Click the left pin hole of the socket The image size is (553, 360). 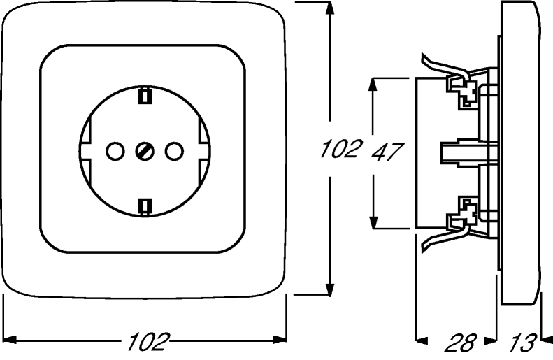(x=115, y=152)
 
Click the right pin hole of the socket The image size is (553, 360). (x=174, y=152)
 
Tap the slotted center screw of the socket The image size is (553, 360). (x=145, y=152)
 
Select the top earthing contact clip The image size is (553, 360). (x=144, y=96)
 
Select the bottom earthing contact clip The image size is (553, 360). (x=144, y=207)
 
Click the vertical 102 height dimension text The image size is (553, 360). (x=341, y=148)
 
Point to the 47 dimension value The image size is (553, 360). (x=387, y=152)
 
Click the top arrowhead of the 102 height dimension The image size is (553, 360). (x=330, y=8)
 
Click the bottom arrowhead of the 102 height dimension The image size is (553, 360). (x=330, y=288)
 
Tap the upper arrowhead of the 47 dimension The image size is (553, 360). (x=374, y=84)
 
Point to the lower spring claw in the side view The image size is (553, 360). (x=445, y=237)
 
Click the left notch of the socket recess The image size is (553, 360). (x=86, y=152)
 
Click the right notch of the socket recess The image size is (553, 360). (x=204, y=152)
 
